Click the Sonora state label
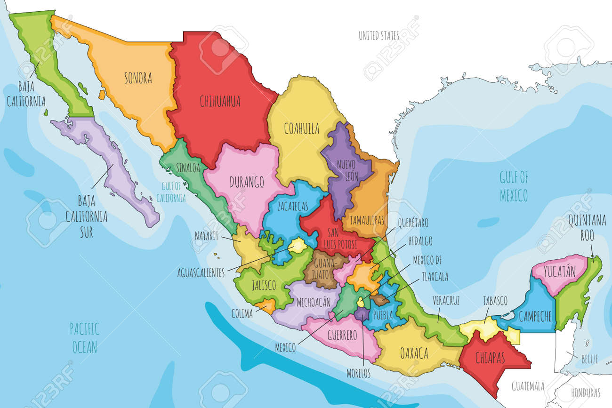(138, 78)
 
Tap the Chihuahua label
(220, 101)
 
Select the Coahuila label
(302, 128)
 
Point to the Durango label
(247, 182)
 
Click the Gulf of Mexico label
(514, 186)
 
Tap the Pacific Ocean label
(84, 338)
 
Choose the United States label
(378, 36)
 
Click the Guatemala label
(528, 386)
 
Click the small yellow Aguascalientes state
(298, 245)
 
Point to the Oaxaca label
(413, 352)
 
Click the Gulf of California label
(171, 193)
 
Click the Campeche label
(535, 317)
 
